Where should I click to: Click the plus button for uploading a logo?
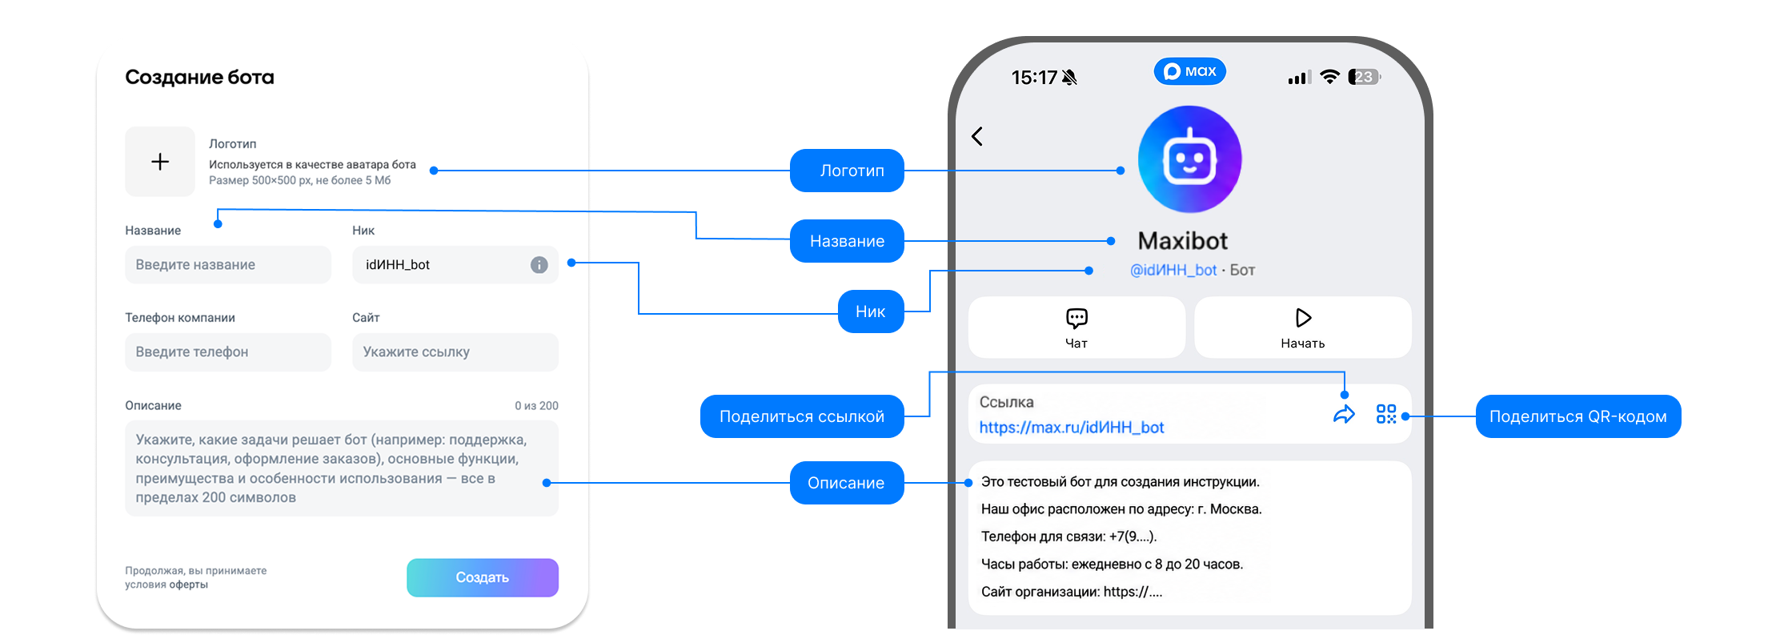[x=160, y=162]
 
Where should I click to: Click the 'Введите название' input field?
[x=228, y=265]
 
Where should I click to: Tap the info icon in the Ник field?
[x=539, y=265]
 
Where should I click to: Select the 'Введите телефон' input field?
[x=228, y=352]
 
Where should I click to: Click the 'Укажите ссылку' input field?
[x=455, y=352]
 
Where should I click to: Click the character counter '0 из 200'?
[x=536, y=406]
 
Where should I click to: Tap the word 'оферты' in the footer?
[x=189, y=585]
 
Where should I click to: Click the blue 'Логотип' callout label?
[x=847, y=171]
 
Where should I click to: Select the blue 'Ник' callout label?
[x=871, y=311]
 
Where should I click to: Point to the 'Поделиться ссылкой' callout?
[x=802, y=416]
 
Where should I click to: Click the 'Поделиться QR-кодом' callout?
[x=1578, y=416]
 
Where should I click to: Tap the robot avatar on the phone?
[x=1190, y=159]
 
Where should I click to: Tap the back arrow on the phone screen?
[x=977, y=136]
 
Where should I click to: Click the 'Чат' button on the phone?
[x=1076, y=328]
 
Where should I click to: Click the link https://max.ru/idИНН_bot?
[x=1072, y=428]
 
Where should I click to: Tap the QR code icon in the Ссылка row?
[x=1386, y=414]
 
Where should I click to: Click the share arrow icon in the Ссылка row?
[x=1344, y=414]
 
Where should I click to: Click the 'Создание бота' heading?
[x=199, y=78]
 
